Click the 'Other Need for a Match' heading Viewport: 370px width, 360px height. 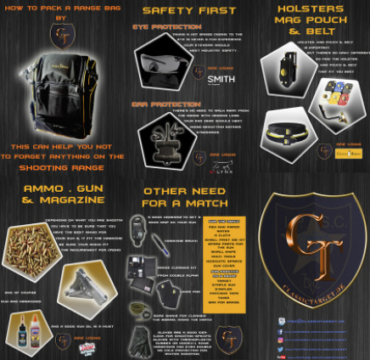[x=183, y=198]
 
